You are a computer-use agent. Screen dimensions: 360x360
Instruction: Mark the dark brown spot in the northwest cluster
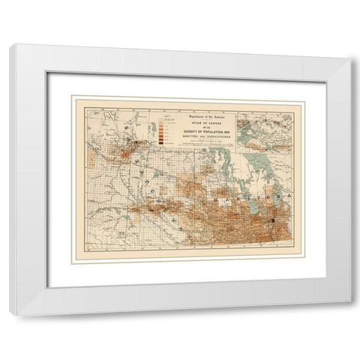pyautogui.click(x=120, y=142)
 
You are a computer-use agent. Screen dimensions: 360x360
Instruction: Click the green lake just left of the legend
pyautogui.click(x=154, y=127)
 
